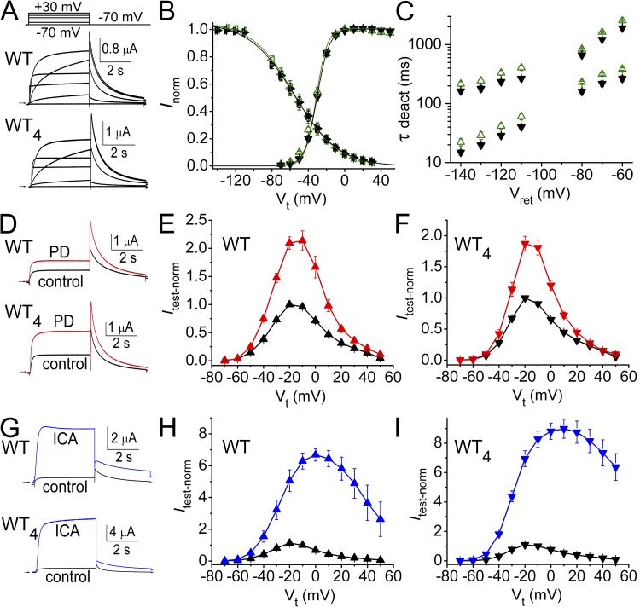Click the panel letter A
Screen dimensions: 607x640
(x=9, y=11)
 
